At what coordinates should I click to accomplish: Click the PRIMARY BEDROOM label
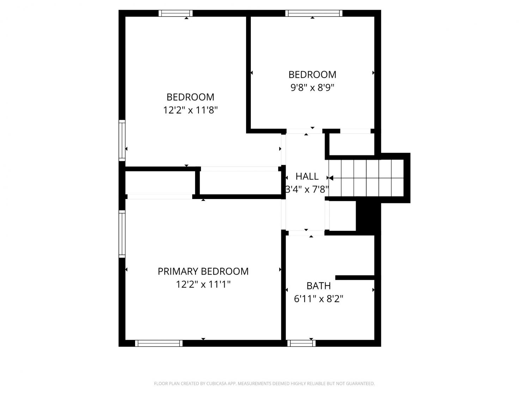[x=203, y=271]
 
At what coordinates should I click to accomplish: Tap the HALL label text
[x=307, y=176]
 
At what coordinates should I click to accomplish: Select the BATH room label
[x=318, y=286]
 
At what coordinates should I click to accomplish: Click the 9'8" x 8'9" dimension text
[x=312, y=88]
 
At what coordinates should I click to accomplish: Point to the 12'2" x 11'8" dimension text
[x=190, y=110]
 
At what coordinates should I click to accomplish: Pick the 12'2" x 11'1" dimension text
[x=203, y=284]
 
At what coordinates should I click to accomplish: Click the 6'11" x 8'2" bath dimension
[x=318, y=299]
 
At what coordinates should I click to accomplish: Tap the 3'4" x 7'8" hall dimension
[x=307, y=190]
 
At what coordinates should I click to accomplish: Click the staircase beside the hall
[x=366, y=178]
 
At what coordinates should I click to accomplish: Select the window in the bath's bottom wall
[x=301, y=343]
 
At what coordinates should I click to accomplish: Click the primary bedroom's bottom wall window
[x=159, y=343]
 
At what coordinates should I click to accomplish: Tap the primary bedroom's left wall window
[x=122, y=234]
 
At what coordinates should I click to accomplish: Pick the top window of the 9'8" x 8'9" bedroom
[x=314, y=13]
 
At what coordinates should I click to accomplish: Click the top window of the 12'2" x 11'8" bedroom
[x=175, y=13]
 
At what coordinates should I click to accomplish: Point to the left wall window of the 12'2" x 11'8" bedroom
[x=122, y=140]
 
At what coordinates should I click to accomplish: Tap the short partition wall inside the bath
[x=355, y=278]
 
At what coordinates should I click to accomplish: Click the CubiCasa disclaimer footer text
[x=264, y=384]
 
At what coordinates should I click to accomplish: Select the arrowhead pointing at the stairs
[x=331, y=178]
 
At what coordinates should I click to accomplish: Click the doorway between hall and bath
[x=306, y=233]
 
